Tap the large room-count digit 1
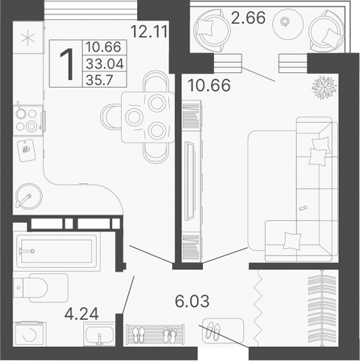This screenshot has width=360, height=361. coord(66,63)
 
